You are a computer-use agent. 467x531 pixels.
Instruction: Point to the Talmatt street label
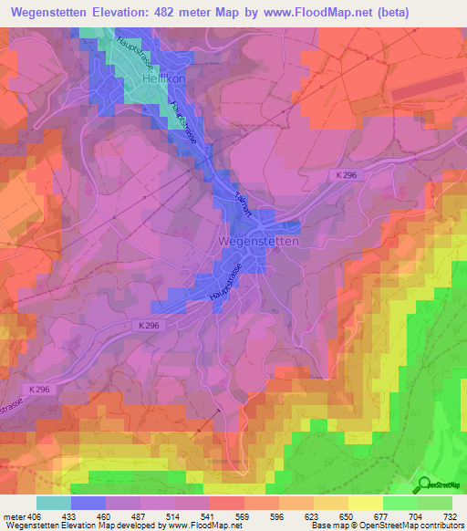(243, 203)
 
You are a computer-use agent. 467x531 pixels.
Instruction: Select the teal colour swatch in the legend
(53, 503)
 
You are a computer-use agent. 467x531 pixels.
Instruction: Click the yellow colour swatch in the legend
(365, 503)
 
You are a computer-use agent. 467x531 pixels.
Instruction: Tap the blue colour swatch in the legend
(88, 503)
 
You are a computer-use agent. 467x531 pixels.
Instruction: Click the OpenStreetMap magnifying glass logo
(421, 484)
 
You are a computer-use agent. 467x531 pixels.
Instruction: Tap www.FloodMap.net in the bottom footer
(205, 526)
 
